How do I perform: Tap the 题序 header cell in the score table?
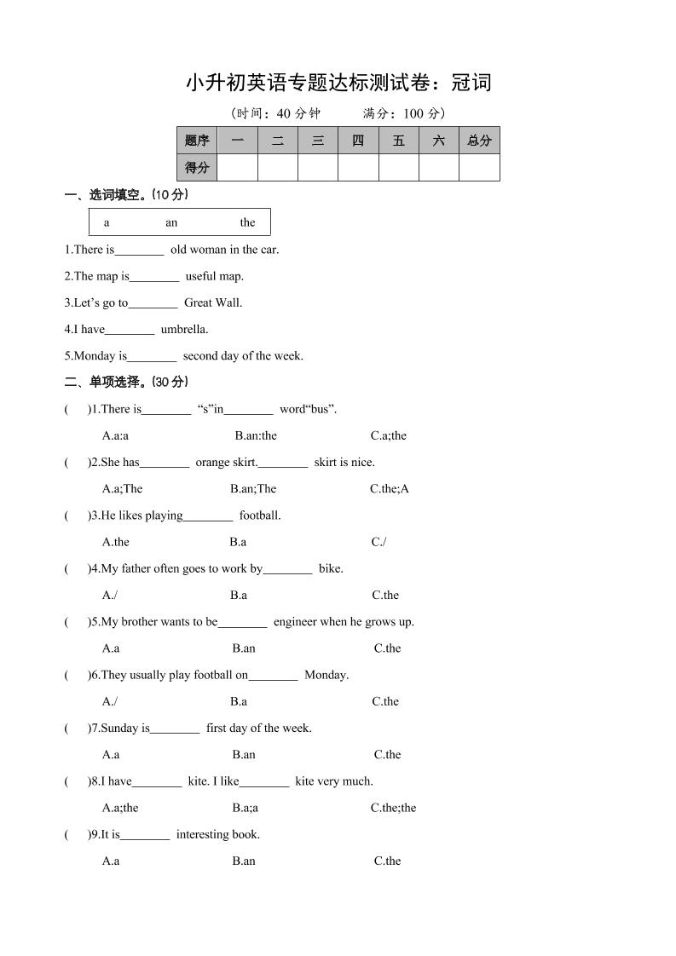[x=197, y=141]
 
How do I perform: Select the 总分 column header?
[x=479, y=141]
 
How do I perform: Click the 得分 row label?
[x=197, y=168]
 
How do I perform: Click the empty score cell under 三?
[x=318, y=168]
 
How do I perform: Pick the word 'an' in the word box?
[x=171, y=222]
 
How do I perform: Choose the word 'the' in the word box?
[x=247, y=222]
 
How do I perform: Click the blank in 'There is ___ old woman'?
[x=139, y=251]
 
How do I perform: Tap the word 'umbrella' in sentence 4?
[x=184, y=329]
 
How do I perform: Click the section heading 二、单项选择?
[x=127, y=382]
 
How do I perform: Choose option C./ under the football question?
[x=378, y=542]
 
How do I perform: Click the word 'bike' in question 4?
[x=331, y=568]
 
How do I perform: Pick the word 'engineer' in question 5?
[x=296, y=622]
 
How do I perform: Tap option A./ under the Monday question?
[x=110, y=701]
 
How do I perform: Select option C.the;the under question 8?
[x=393, y=808]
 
